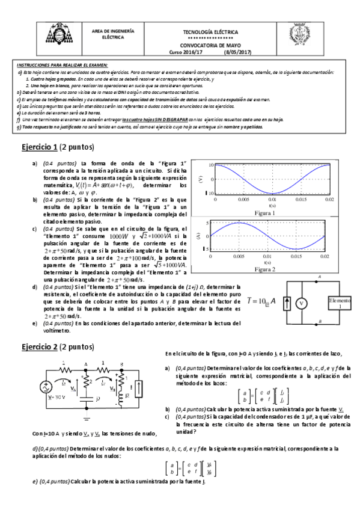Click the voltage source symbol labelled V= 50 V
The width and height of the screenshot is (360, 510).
click(x=45, y=388)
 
